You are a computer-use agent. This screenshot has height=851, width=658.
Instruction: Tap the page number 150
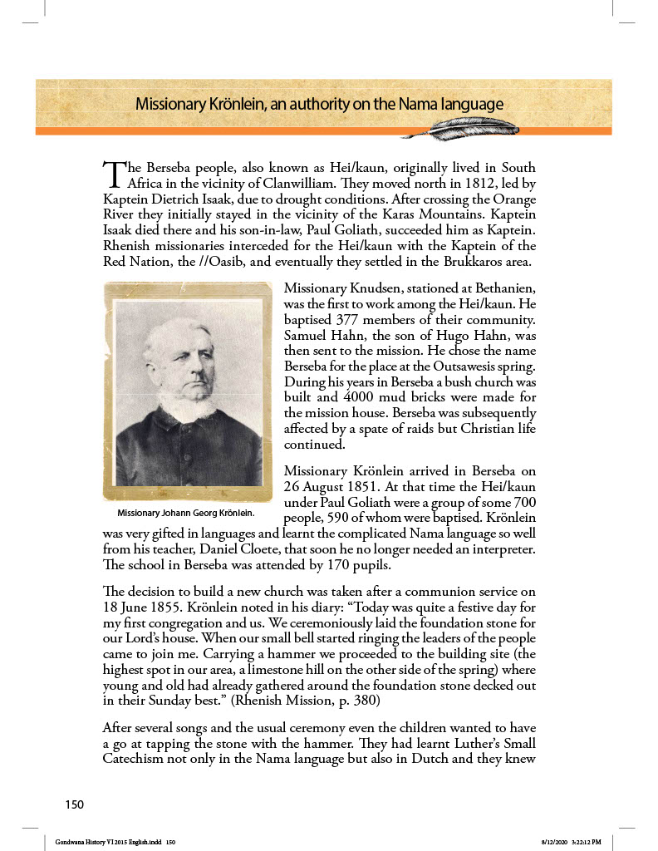point(75,804)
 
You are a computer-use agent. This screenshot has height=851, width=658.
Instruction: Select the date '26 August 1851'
point(331,488)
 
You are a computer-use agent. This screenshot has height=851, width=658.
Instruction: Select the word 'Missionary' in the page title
point(172,105)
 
